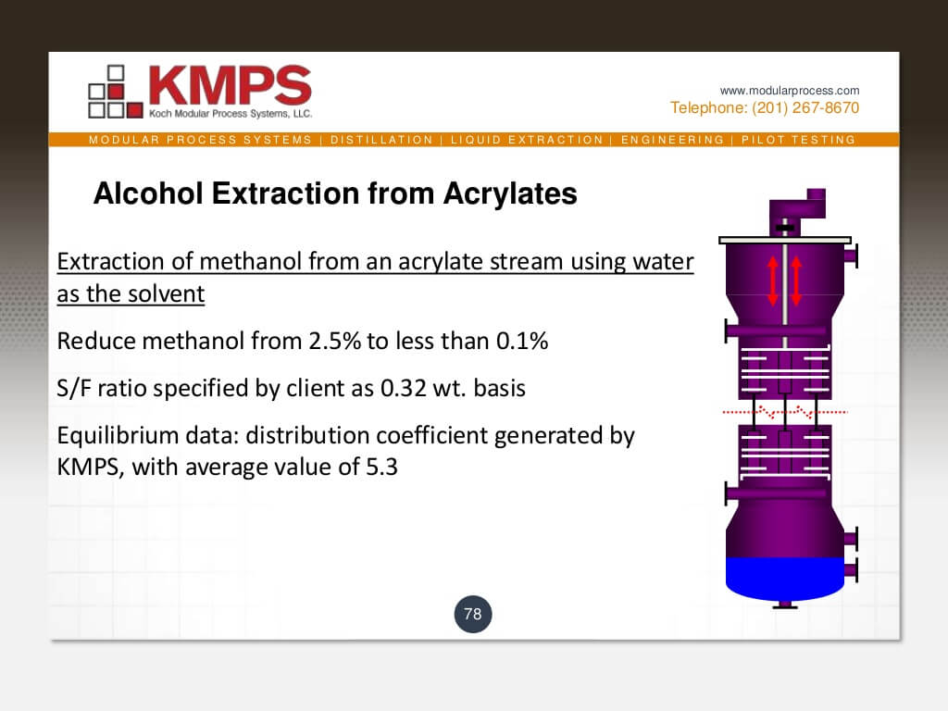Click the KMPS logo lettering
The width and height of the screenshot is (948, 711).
point(230,85)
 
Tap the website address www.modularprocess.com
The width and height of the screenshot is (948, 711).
point(790,91)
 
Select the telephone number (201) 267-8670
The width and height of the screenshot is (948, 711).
point(797,108)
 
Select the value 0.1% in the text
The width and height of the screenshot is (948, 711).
point(522,341)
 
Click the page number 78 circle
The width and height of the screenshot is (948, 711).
point(472,614)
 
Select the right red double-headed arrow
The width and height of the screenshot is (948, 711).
point(796,279)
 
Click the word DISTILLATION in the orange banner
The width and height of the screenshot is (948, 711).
point(381,140)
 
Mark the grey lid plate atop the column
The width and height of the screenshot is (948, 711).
point(783,240)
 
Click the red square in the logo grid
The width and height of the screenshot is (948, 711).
point(116,91)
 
